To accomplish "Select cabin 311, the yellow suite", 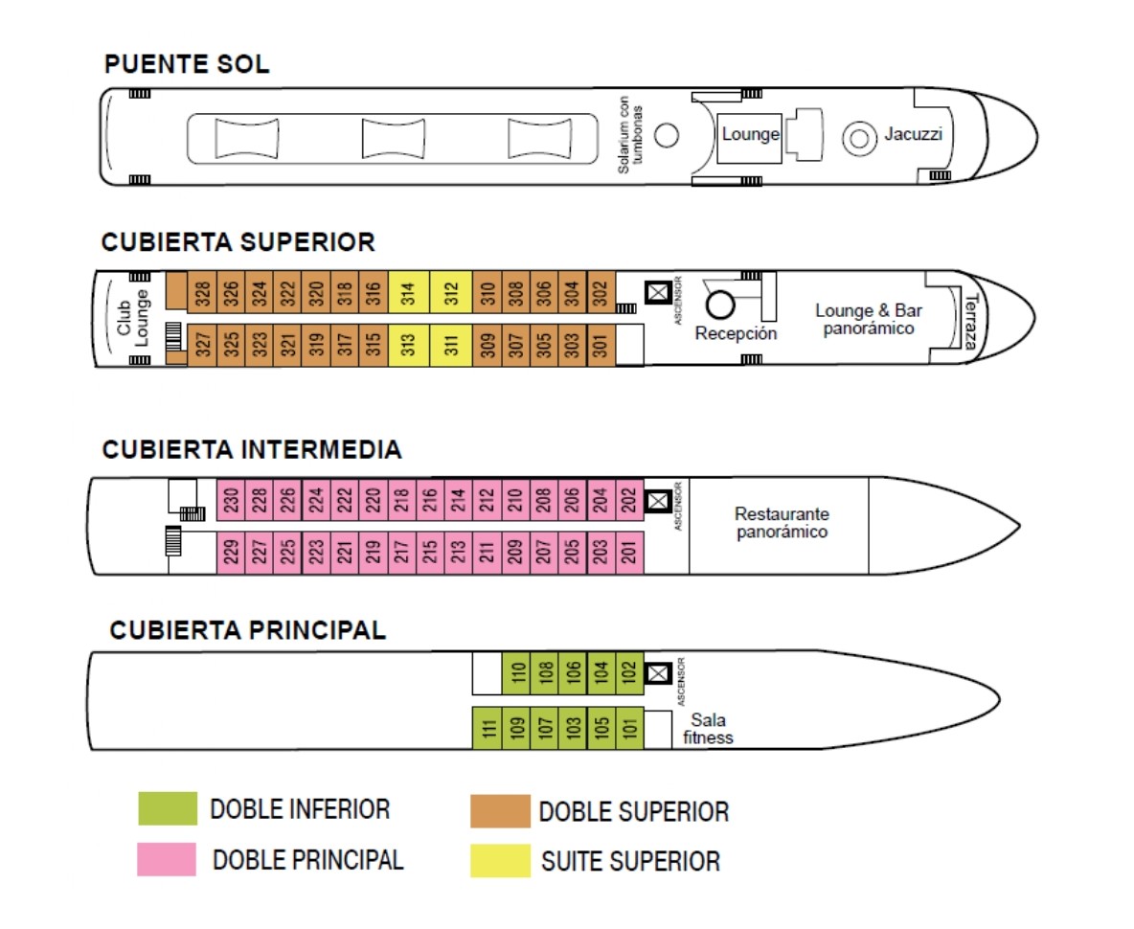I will tap(451, 344).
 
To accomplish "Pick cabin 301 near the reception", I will tap(601, 344).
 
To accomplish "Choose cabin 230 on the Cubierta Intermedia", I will tap(231, 499).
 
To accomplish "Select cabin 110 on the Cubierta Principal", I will tap(516, 673).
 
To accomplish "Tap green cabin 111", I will tap(488, 728).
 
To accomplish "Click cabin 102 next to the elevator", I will tap(628, 673).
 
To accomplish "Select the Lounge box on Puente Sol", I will tap(749, 135).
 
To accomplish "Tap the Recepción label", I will tap(736, 333).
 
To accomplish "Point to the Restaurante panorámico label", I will tap(782, 522).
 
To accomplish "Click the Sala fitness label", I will tap(709, 728).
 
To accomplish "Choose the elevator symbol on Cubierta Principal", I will tap(657, 672).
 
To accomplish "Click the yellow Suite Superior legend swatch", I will tap(499, 860).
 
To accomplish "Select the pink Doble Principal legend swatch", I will tap(167, 859).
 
